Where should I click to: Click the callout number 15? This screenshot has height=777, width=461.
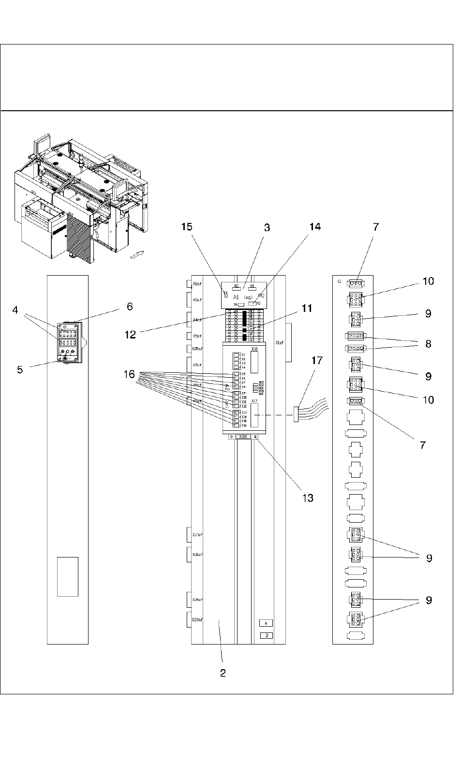(187, 227)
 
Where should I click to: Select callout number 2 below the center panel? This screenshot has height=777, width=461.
(223, 673)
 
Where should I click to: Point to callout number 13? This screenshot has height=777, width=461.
(308, 498)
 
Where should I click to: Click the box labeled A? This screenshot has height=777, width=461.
(266, 623)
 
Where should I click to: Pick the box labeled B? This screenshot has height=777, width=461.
(266, 635)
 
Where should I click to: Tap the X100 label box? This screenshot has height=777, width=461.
(243, 437)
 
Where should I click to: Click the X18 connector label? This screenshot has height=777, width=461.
(255, 349)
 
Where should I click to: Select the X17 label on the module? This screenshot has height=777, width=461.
(254, 401)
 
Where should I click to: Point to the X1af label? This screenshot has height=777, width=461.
(279, 343)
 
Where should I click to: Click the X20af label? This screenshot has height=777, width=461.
(197, 620)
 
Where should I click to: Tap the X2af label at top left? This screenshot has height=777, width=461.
(197, 284)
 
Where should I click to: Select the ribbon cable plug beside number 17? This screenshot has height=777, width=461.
(296, 414)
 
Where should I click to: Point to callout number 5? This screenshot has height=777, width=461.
(20, 369)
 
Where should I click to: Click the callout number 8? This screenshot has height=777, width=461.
(428, 344)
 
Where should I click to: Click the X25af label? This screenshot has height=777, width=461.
(197, 349)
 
